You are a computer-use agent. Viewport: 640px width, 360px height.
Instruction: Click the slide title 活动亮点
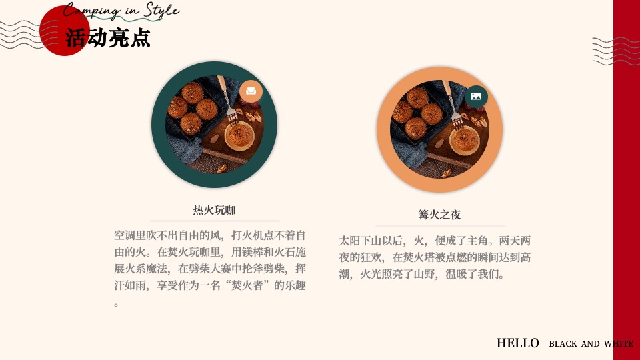point(108,38)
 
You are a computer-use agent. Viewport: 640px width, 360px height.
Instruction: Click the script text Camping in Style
point(121,11)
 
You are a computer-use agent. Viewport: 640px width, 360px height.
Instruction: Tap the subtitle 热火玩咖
point(214,210)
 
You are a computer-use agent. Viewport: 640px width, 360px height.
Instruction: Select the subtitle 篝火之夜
point(439,215)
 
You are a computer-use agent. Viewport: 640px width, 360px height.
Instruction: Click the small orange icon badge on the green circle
point(251,91)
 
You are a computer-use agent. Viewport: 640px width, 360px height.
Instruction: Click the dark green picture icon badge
point(476,97)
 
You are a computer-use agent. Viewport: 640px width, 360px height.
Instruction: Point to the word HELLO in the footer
point(517,343)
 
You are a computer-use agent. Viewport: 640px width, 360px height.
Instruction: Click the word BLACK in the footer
point(563,344)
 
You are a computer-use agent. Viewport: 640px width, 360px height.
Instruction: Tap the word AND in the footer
point(590,344)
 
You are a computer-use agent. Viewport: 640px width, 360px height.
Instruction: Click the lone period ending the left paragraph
point(117,305)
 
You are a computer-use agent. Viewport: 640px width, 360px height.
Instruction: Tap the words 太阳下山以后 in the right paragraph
point(371,241)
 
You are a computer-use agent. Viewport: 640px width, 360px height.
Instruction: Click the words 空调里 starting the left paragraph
point(130,235)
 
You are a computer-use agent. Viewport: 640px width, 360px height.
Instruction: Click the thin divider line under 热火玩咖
point(215,221)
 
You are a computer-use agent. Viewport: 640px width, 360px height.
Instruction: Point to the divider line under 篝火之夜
point(439,226)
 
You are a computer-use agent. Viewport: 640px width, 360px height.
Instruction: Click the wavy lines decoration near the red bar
point(611,51)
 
